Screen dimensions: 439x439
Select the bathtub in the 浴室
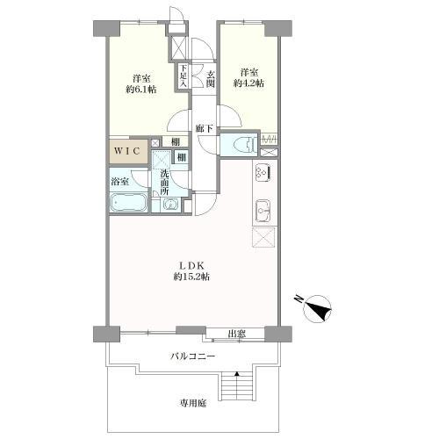coord(128,203)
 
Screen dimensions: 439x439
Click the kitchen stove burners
coord(262,172)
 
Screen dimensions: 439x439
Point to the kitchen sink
coord(263,211)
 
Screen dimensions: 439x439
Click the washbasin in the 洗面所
coord(169,205)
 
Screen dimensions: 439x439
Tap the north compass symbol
coord(318,309)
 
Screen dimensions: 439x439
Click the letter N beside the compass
coord(299,299)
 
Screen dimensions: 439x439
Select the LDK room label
coord(191,266)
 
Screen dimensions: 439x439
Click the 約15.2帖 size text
coord(191,277)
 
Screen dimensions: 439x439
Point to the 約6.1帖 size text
coord(141,90)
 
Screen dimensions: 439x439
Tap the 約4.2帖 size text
coord(248,83)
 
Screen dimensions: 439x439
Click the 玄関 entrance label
coord(211,79)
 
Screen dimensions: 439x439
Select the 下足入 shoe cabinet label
coord(183,76)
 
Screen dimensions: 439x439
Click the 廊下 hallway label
coord(205,128)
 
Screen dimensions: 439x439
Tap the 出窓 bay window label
coord(236,334)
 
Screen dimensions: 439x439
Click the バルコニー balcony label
coord(193,356)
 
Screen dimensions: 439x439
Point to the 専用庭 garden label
coord(193,403)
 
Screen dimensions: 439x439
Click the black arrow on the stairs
coord(237,374)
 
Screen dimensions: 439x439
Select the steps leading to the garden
coord(237,385)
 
